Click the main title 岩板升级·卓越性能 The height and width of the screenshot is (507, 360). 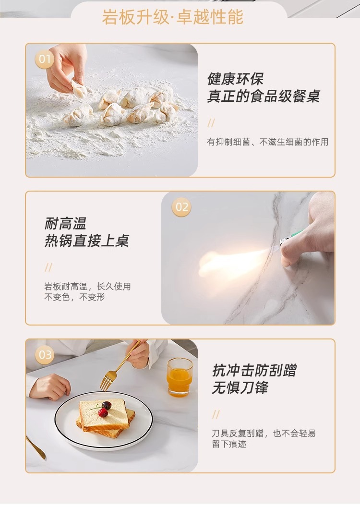(173, 17)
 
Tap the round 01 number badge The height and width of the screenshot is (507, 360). (45, 59)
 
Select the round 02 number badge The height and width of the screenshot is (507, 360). (181, 207)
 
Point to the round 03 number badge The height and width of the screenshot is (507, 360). (45, 355)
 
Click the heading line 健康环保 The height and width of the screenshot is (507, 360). (235, 79)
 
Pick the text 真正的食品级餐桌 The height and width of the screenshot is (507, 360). (264, 96)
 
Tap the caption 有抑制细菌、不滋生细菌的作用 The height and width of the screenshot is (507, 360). (267, 142)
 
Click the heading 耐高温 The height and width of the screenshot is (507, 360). (66, 223)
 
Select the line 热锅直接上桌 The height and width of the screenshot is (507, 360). (87, 241)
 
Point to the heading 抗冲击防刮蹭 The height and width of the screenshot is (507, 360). (254, 370)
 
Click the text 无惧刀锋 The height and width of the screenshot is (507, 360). (240, 387)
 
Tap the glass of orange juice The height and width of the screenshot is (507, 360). (180, 377)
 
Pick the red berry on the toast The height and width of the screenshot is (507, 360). (103, 412)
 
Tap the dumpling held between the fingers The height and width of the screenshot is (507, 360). (79, 89)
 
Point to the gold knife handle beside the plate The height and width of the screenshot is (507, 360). (35, 447)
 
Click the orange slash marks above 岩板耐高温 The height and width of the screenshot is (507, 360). (48, 267)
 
